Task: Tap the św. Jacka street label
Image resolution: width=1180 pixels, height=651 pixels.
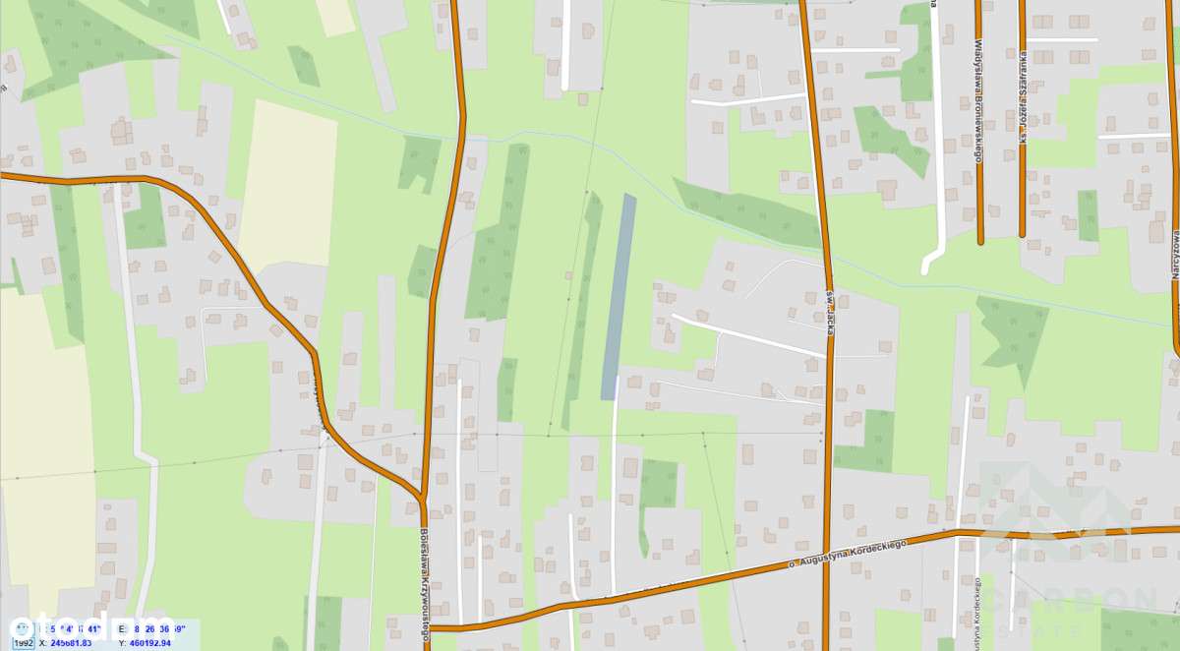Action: pyautogui.click(x=830, y=313)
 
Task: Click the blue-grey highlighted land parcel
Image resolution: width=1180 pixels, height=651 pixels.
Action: pyautogui.click(x=618, y=295)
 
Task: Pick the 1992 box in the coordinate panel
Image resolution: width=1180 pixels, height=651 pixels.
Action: pyautogui.click(x=24, y=643)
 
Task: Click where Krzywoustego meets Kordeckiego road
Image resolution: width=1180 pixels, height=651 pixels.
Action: pyautogui.click(x=429, y=626)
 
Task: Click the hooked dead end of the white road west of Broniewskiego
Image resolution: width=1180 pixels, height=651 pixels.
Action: pyautogui.click(x=927, y=266)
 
